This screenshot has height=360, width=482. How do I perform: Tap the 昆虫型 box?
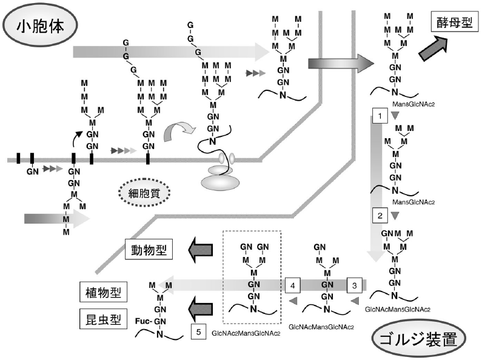point(101,318)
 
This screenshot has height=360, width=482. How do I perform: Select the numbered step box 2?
point(379,215)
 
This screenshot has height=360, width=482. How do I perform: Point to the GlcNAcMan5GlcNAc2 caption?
point(398,309)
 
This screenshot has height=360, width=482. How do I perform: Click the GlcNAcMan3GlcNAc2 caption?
point(321,328)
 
